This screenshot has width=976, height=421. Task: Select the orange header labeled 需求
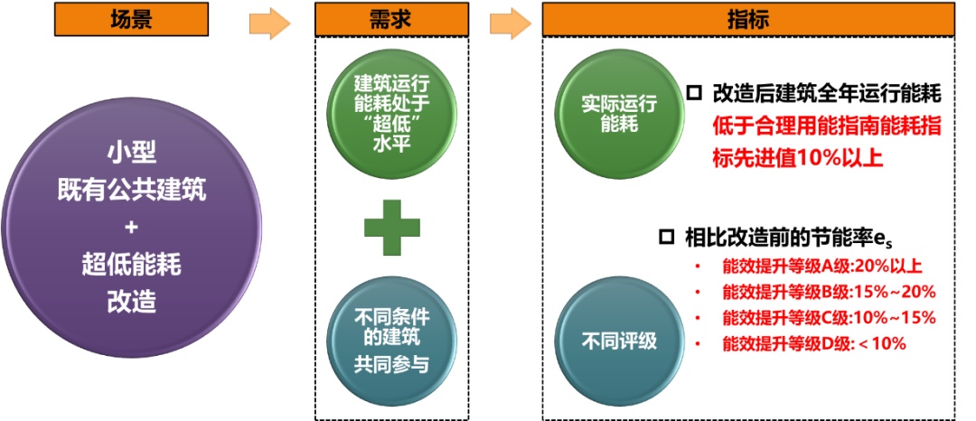[x=391, y=19]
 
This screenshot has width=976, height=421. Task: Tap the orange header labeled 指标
[x=748, y=19]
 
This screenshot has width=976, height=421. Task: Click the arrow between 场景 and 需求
[x=269, y=23]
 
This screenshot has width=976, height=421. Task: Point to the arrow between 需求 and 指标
[x=510, y=23]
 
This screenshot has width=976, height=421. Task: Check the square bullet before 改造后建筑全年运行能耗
[x=694, y=93]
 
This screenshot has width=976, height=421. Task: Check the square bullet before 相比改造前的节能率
[x=667, y=238]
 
